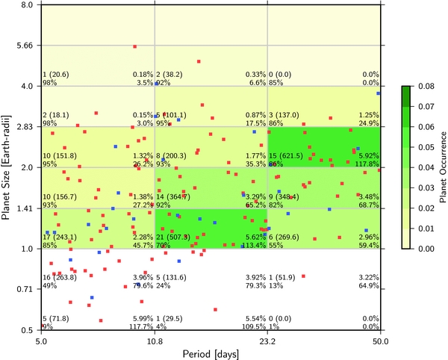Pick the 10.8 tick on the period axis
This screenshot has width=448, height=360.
[155, 341]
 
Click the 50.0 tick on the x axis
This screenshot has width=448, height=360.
[381, 341]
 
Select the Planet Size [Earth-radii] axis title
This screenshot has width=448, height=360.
[7, 167]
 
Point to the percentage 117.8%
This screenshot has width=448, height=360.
[366, 164]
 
